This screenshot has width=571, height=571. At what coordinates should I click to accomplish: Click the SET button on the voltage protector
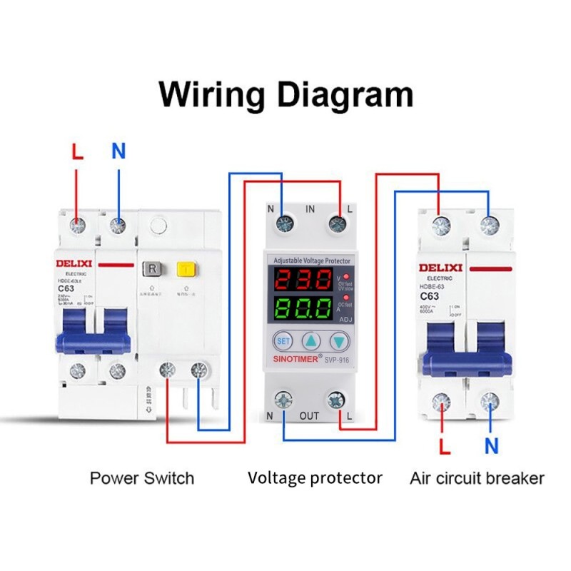point(283,341)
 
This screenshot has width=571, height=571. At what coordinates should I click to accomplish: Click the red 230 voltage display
point(305,279)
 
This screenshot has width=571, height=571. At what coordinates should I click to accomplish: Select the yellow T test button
point(186,270)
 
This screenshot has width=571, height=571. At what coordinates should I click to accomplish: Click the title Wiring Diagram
point(285,94)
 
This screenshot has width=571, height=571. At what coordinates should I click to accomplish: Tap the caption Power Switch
point(142,477)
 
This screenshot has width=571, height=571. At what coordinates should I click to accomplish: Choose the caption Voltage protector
point(315,477)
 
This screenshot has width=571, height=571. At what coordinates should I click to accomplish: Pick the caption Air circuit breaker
point(477,477)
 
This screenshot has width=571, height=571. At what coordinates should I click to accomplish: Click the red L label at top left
point(78,152)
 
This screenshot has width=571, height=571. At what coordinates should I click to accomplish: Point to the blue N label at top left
point(118,151)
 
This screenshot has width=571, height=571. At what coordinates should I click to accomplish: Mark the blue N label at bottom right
point(492,447)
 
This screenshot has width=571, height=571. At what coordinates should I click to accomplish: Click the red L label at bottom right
point(445,448)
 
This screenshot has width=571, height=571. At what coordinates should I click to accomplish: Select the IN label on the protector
point(310,209)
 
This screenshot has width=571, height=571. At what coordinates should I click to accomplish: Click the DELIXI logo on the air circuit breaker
point(440,268)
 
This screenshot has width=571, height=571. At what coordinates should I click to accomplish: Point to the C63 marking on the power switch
point(66,289)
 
